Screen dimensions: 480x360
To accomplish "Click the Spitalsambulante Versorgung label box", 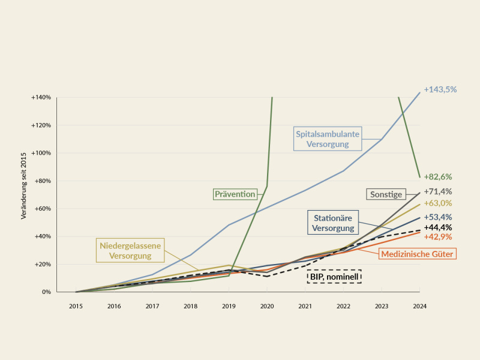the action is click(x=328, y=139).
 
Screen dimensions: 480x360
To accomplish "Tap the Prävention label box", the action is click(x=235, y=194).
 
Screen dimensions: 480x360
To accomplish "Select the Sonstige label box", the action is click(x=386, y=194).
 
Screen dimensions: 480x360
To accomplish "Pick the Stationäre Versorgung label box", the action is click(x=333, y=223).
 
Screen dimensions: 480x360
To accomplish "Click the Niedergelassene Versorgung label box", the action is click(x=130, y=250).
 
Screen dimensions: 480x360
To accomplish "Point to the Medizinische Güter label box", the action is click(x=417, y=254).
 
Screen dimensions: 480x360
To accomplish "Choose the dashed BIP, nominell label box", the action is click(x=334, y=277).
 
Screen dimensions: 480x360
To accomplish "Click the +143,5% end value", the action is click(x=440, y=89).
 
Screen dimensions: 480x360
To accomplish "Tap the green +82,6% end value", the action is click(x=438, y=176).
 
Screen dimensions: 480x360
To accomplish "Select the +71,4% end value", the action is click(x=438, y=191).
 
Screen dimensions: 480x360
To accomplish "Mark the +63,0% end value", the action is click(x=438, y=203).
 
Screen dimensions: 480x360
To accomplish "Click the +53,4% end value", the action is click(x=438, y=217).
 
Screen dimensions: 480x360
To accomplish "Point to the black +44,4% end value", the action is click(x=438, y=227).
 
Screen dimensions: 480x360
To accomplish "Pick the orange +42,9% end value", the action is click(x=438, y=236).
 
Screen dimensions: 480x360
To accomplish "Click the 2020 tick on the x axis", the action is click(x=267, y=306).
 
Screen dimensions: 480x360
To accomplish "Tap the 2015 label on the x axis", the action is click(x=76, y=306).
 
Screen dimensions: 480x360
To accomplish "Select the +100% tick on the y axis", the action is click(x=41, y=153).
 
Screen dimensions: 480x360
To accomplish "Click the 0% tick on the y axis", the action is click(x=47, y=292).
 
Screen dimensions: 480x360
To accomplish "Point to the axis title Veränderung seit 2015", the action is click(x=23, y=186).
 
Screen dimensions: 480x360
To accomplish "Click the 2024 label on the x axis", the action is click(x=419, y=306).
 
